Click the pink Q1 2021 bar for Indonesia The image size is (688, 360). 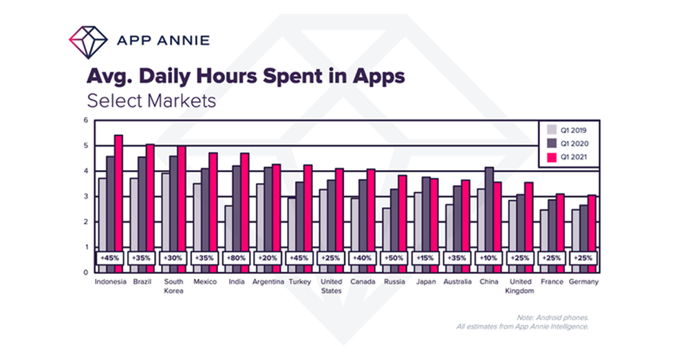(x=118, y=200)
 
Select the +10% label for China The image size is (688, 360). (x=489, y=258)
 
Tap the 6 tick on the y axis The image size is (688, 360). (x=87, y=120)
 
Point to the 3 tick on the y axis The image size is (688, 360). (x=87, y=197)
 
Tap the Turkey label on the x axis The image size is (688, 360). (x=300, y=282)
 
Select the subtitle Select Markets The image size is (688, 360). (x=151, y=100)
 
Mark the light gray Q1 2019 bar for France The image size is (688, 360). (x=544, y=237)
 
